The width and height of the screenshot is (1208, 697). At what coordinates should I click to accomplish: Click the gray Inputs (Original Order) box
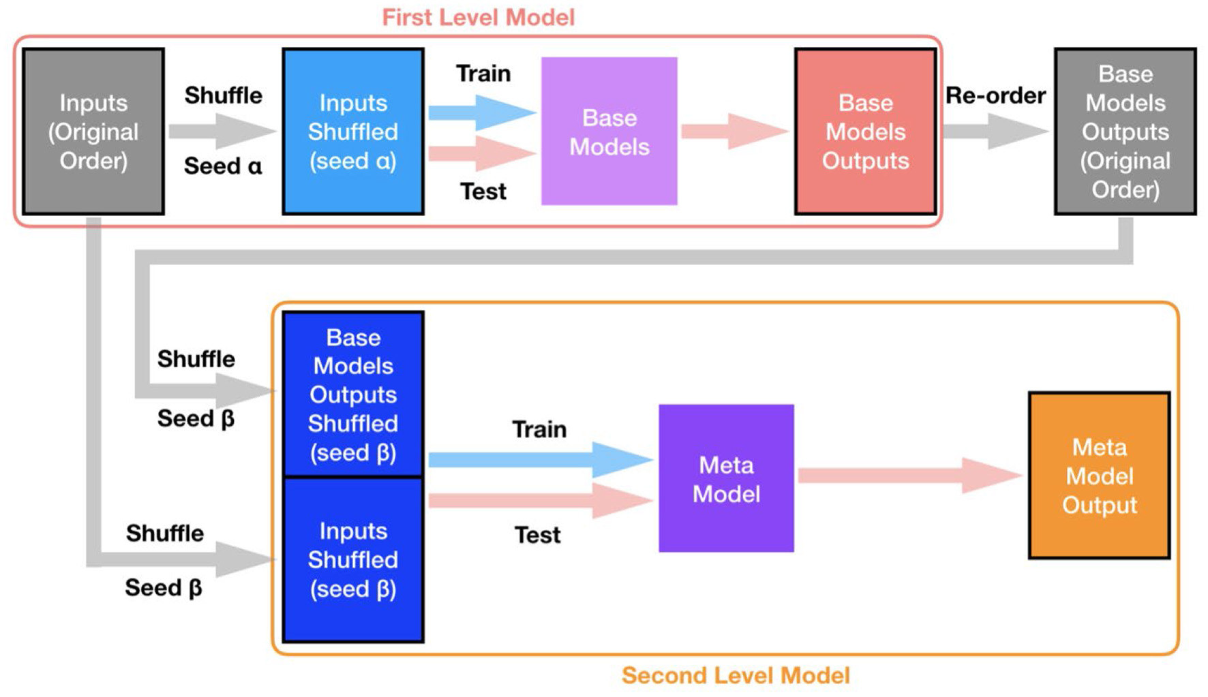coord(93,131)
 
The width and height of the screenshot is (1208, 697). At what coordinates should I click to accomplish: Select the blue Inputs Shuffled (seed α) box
coord(353,131)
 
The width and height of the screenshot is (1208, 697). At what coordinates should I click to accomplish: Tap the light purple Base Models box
coord(609,131)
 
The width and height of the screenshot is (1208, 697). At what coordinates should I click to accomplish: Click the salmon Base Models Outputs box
coord(865,131)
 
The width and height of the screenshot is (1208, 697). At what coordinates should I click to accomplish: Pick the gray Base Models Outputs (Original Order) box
coord(1125,131)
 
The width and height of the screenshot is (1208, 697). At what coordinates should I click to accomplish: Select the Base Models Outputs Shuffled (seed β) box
coord(353,394)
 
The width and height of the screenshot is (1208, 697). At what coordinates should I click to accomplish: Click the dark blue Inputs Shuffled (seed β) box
coord(353,559)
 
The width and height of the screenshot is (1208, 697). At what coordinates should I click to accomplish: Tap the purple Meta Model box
coord(726,478)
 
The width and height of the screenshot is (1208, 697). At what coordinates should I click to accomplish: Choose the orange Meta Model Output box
coord(1099,476)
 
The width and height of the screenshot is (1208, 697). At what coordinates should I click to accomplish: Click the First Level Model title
coord(478,17)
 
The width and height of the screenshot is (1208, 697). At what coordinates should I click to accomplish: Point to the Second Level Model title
coord(736,675)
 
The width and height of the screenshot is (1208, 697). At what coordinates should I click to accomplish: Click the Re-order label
coord(995,95)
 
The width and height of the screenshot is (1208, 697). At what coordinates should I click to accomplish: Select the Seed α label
coord(223,166)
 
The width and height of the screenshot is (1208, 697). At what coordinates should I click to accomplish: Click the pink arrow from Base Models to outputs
coord(734,131)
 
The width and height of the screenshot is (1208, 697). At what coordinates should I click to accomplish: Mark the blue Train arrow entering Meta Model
coord(539,460)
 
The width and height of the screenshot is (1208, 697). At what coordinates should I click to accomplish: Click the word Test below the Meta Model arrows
coord(537,535)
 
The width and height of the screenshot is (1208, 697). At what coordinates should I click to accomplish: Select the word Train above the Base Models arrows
coord(483,73)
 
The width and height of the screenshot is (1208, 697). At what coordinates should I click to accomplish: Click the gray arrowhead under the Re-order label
coord(1016,131)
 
